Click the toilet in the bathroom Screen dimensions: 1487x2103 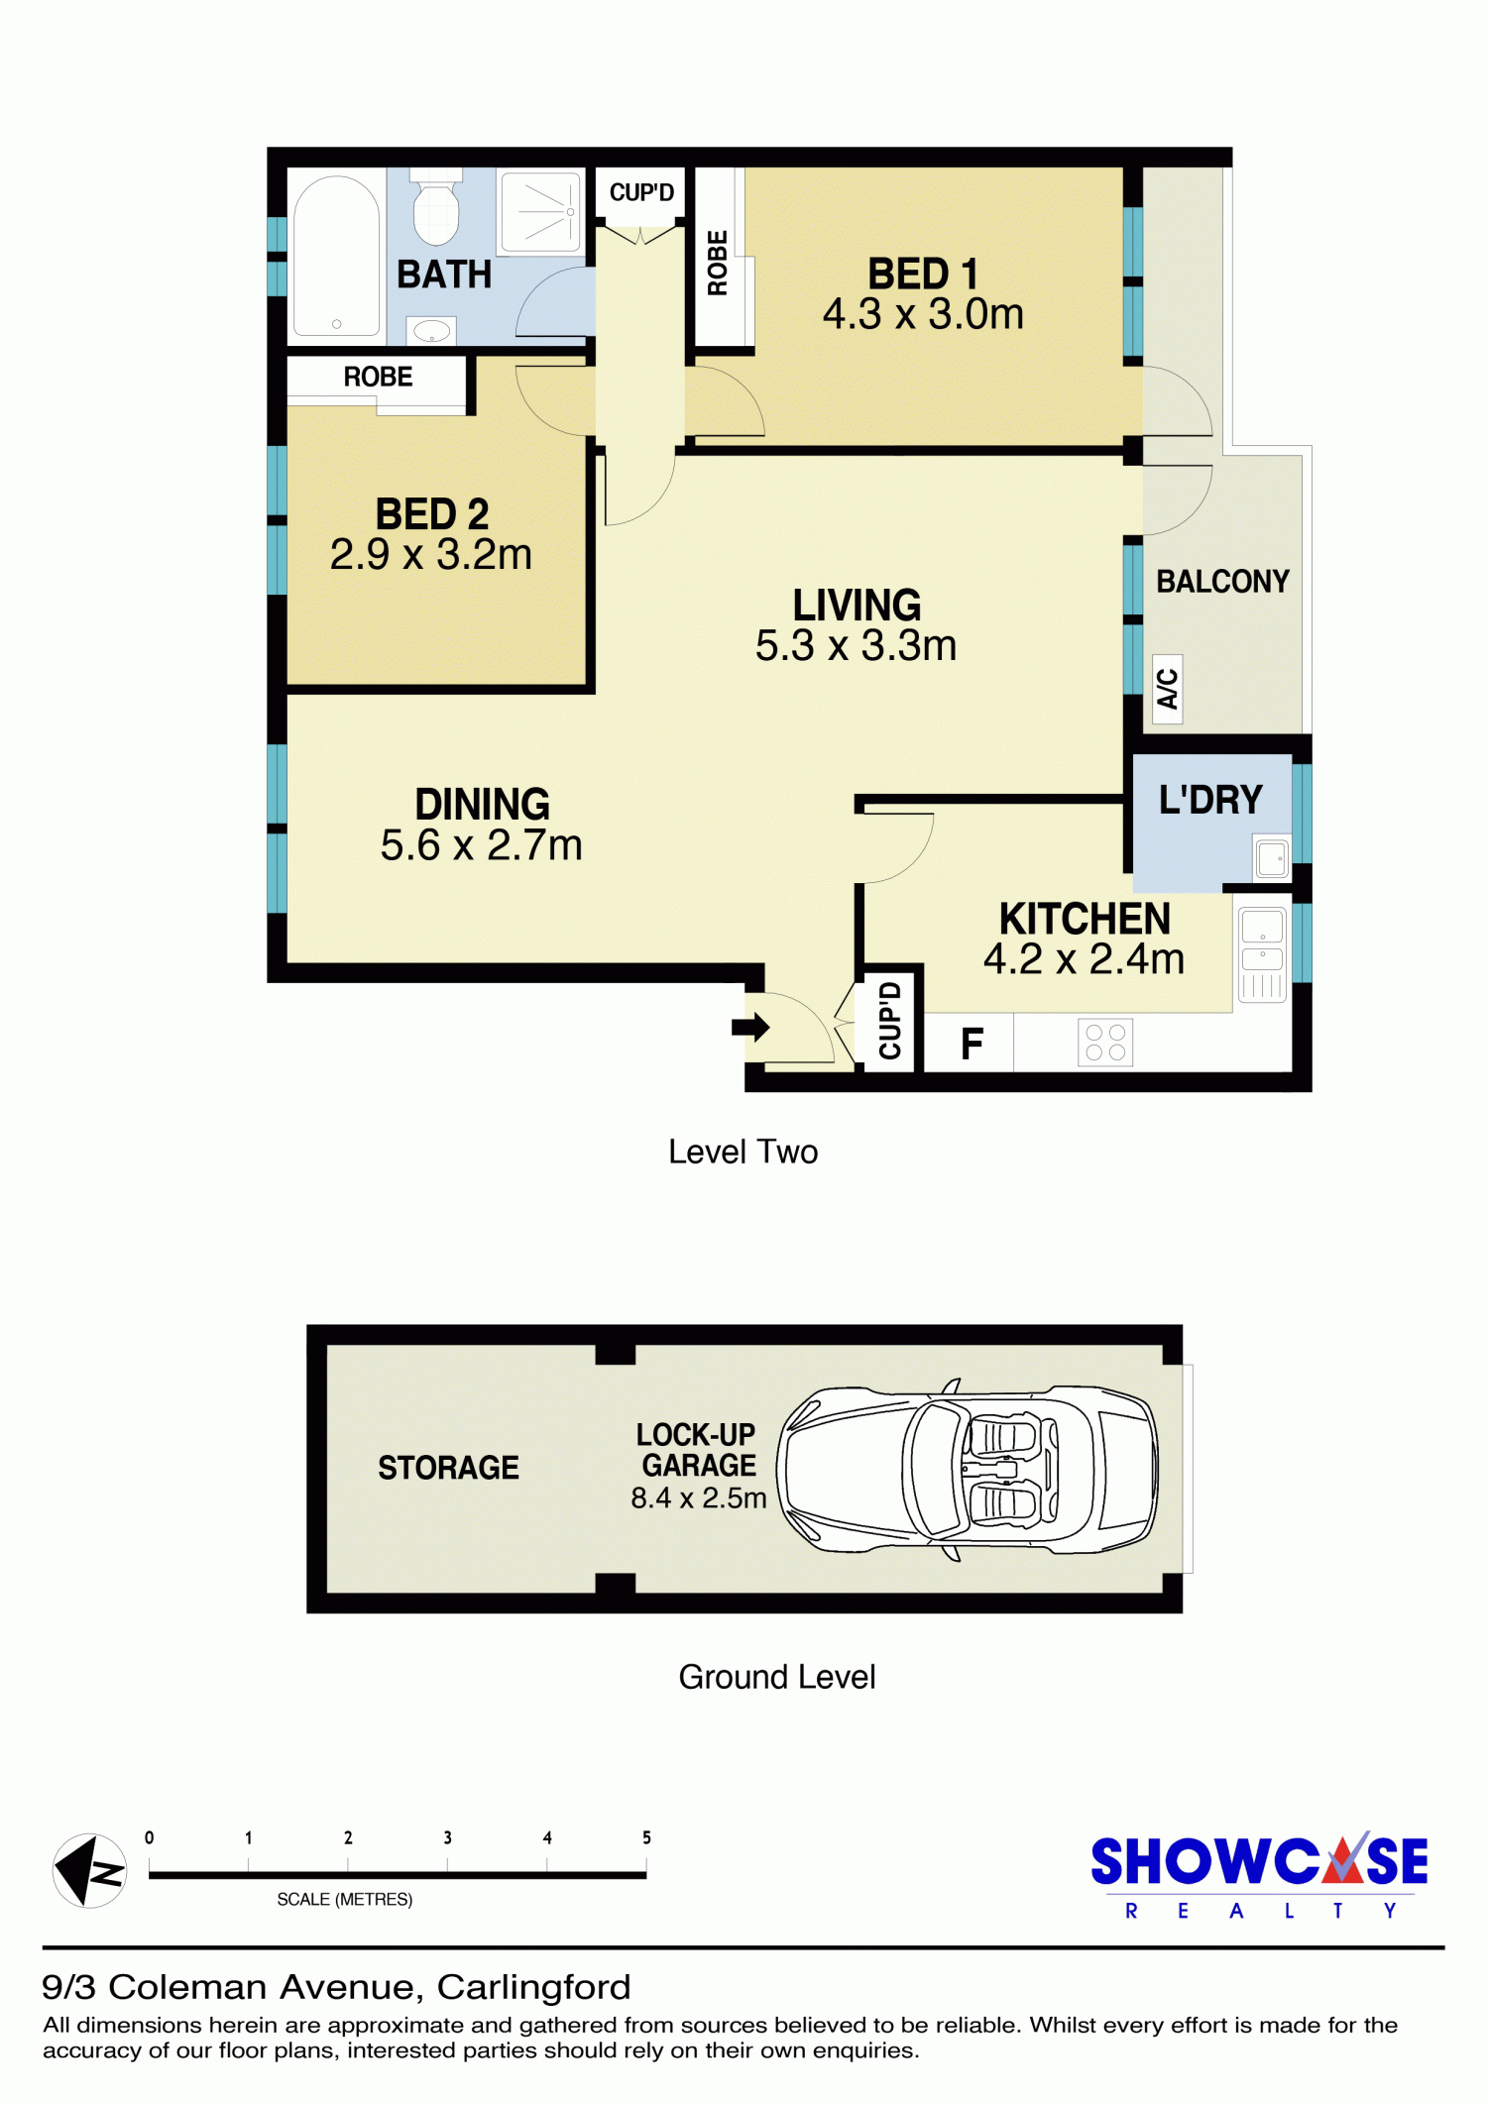click(436, 207)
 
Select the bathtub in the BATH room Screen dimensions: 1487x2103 click(337, 256)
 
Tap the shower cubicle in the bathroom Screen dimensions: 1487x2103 click(541, 212)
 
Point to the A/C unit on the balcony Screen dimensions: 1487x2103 click(1168, 689)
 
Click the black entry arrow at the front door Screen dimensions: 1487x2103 click(750, 1027)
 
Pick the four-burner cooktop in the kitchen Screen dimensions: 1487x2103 click(1105, 1043)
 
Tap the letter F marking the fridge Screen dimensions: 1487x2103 click(972, 1044)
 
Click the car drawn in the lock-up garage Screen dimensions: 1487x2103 click(968, 1469)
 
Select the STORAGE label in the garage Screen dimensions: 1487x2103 click(448, 1468)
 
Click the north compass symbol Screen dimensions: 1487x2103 click(89, 1871)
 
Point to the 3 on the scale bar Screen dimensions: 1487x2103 click(447, 1837)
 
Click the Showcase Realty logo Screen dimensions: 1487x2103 click(1259, 1875)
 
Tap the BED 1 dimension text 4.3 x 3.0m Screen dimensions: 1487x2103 click(923, 314)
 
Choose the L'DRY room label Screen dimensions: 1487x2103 click(1210, 800)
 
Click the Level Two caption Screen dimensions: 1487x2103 click(743, 1152)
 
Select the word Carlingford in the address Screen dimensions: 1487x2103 click(533, 1987)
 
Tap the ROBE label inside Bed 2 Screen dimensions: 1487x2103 click(378, 377)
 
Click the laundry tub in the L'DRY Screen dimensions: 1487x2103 click(1272, 858)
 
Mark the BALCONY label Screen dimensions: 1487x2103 click(1222, 582)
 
